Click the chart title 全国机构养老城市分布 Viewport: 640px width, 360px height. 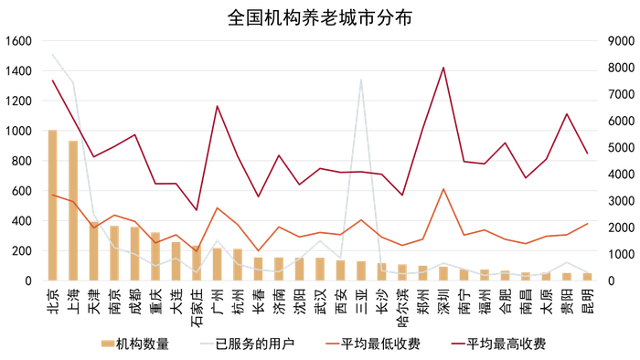pyautogui.click(x=320, y=17)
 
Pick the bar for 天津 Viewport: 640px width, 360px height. pyautogui.click(x=93, y=251)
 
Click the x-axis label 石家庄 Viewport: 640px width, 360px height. pyautogui.click(x=197, y=308)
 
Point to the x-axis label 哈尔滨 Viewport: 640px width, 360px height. pyautogui.click(x=402, y=308)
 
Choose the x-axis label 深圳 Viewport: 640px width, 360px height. pyautogui.click(x=443, y=302)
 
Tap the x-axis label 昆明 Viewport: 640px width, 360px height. pyautogui.click(x=588, y=302)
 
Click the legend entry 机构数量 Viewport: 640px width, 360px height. pyautogui.click(x=135, y=344)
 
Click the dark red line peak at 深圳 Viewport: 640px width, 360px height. pyautogui.click(x=443, y=68)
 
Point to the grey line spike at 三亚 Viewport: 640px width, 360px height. pyautogui.click(x=361, y=79)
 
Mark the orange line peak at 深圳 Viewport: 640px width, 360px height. pyautogui.click(x=443, y=189)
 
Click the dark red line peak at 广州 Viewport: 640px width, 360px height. pyautogui.click(x=217, y=106)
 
